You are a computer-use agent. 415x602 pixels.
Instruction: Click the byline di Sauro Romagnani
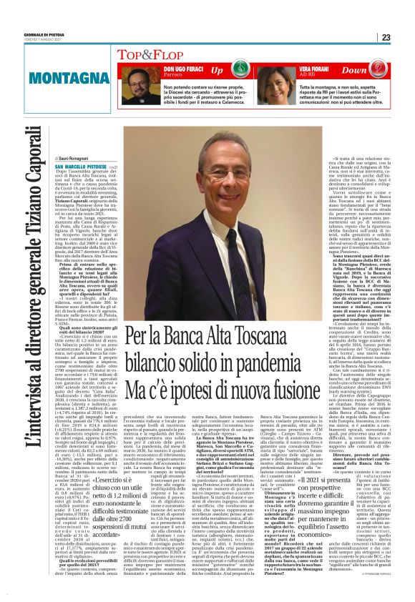point(73,158)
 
